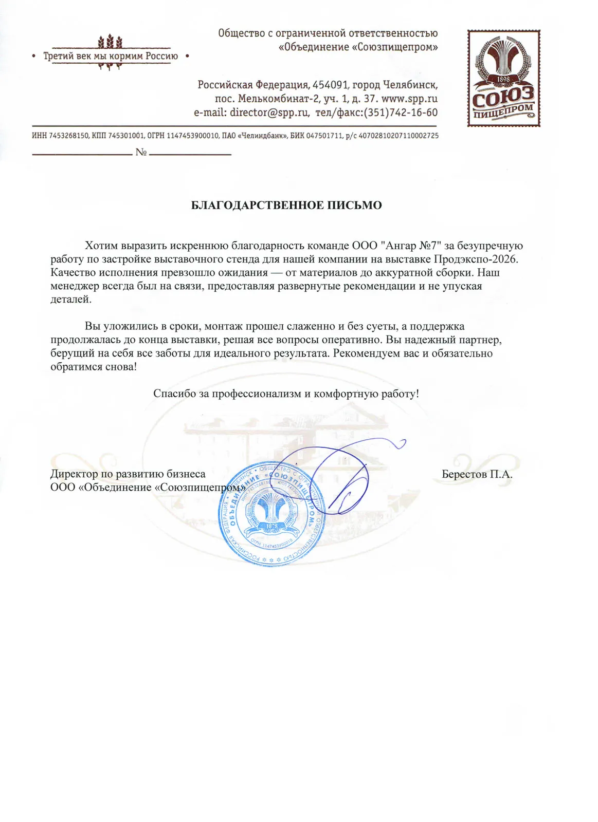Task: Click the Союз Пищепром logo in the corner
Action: click(x=503, y=78)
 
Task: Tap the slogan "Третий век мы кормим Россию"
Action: click(x=111, y=56)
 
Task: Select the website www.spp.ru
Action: click(x=409, y=99)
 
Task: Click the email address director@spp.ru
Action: click(x=269, y=113)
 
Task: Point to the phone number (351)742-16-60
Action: click(x=401, y=113)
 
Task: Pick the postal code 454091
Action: click(x=331, y=85)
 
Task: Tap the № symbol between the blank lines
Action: click(x=141, y=152)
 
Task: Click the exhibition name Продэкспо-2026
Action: click(x=476, y=259)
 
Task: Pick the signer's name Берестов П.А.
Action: click(x=477, y=474)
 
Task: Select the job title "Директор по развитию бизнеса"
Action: click(x=128, y=474)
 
